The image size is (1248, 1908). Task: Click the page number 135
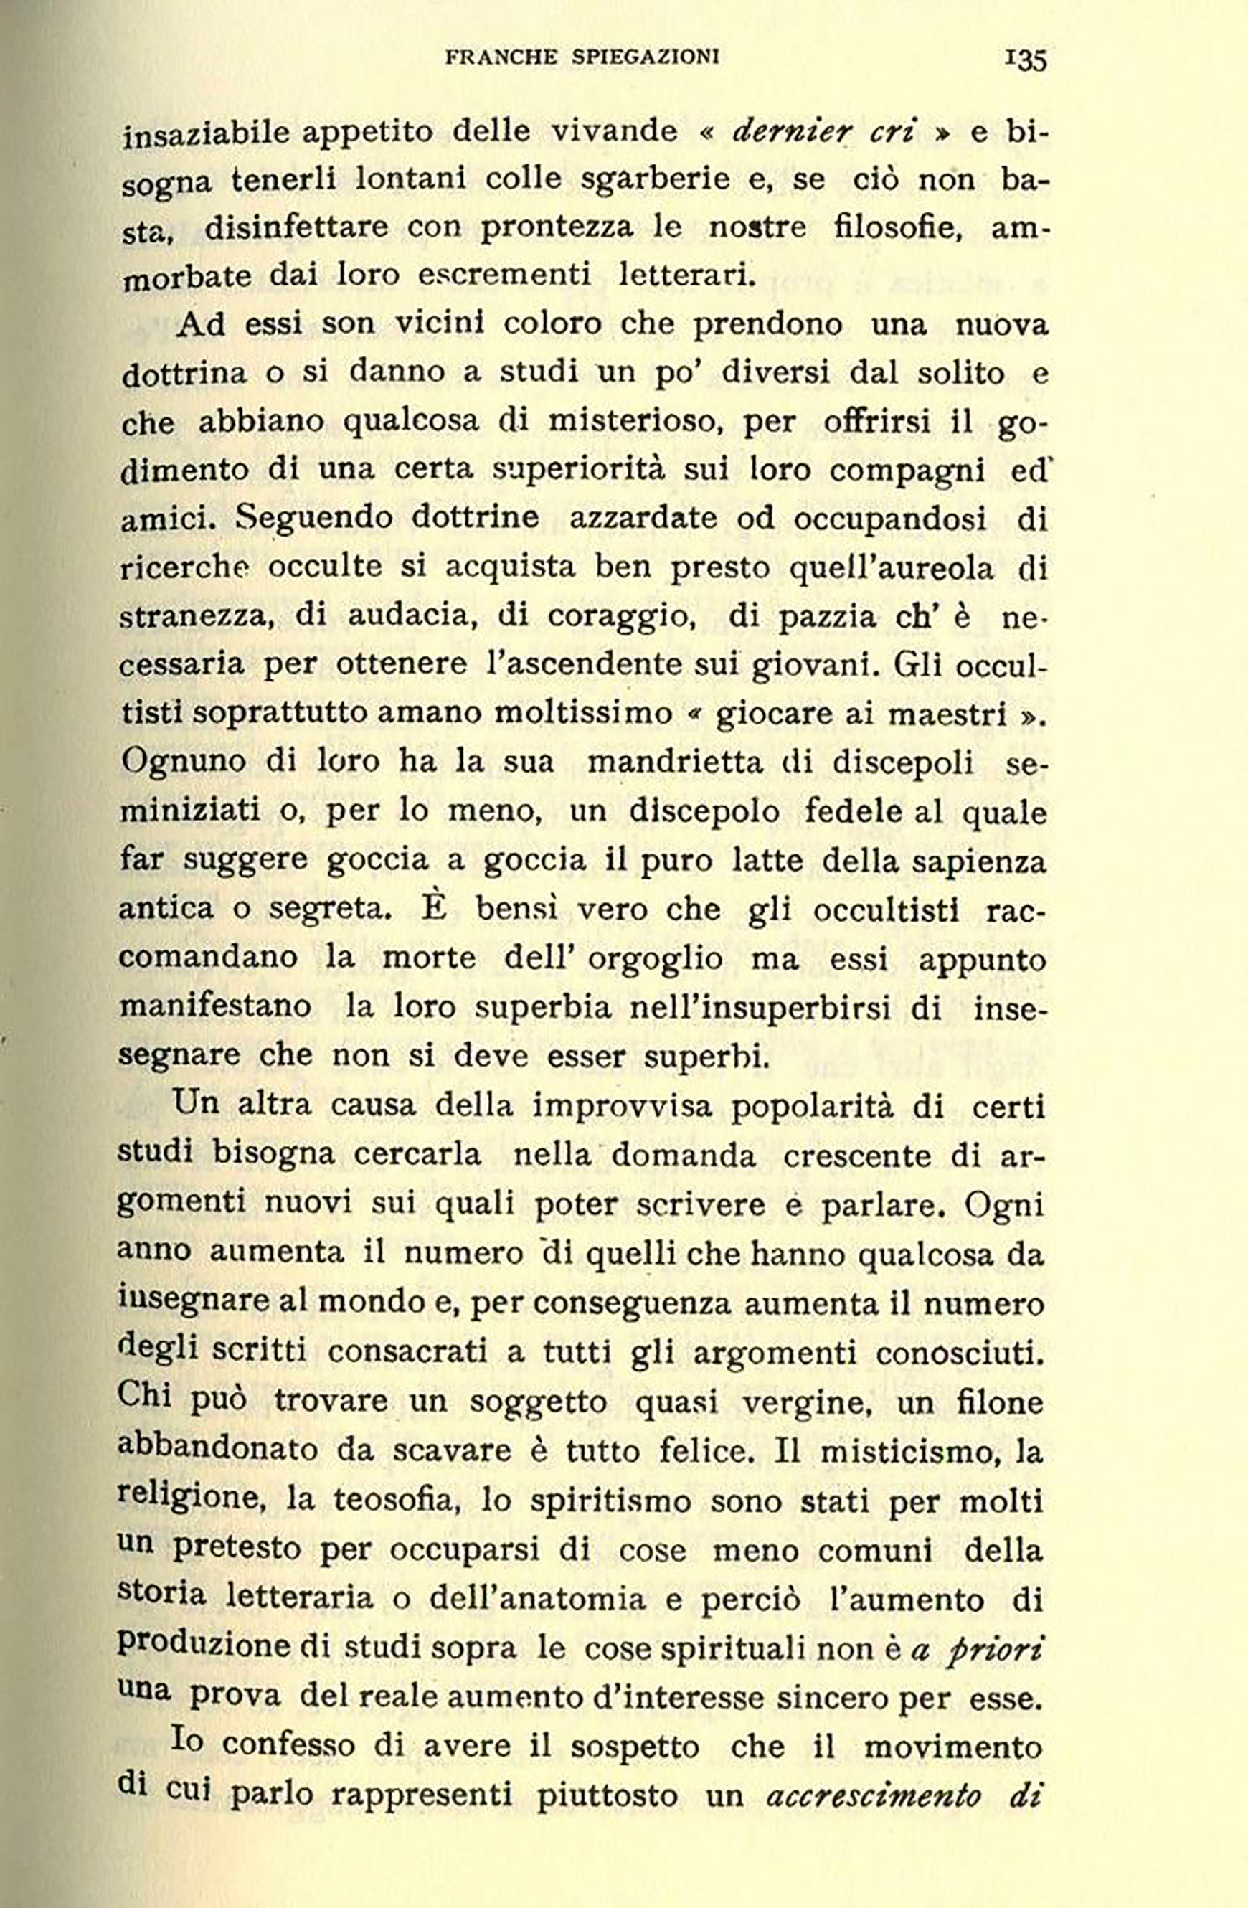pyautogui.click(x=1025, y=60)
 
